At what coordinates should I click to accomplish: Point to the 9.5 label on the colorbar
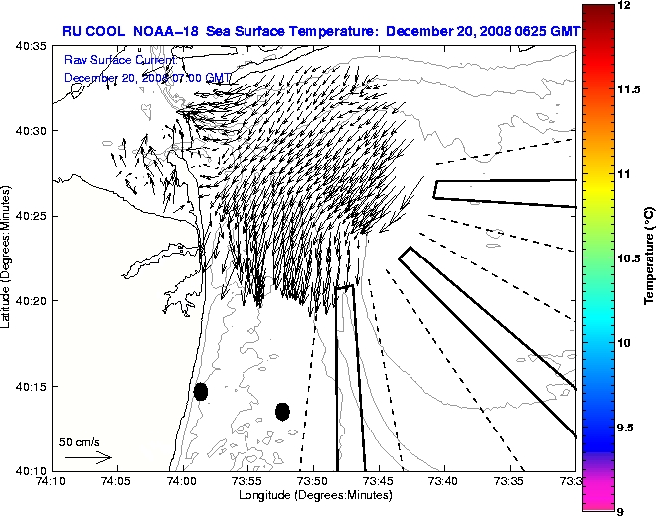tap(626, 427)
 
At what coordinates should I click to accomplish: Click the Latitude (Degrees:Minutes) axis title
tap(7, 258)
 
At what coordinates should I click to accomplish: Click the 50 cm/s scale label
tap(80, 441)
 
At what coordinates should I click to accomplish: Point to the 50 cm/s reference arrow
tap(87, 458)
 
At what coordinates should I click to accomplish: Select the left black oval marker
tap(201, 391)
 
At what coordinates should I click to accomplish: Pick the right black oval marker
tap(282, 411)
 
